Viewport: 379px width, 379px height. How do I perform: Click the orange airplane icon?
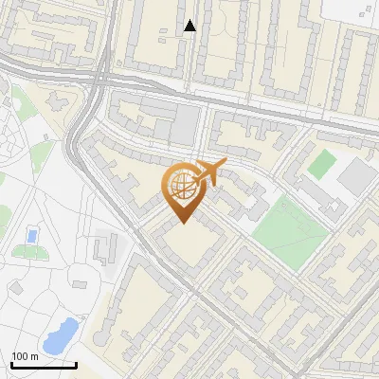click(x=211, y=171)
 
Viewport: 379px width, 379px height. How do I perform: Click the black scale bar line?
click(x=43, y=364)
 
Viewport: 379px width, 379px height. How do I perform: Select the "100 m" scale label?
click(x=26, y=355)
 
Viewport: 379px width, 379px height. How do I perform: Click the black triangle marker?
click(x=190, y=26)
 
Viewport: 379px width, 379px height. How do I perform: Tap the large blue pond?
click(x=60, y=334)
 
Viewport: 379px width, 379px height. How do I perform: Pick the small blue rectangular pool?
click(x=33, y=234)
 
